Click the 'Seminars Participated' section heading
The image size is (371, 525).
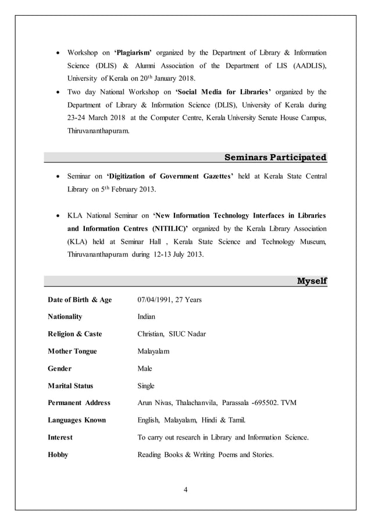click(x=275, y=157)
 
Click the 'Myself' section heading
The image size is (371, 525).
click(x=312, y=281)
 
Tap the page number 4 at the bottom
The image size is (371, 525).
click(x=185, y=488)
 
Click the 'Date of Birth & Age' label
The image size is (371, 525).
click(x=79, y=300)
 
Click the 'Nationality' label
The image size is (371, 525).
click(x=65, y=317)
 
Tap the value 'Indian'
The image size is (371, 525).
click(x=146, y=317)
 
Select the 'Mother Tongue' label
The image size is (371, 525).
click(x=72, y=351)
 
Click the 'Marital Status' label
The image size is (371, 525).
click(x=70, y=385)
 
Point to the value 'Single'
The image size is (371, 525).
click(x=146, y=385)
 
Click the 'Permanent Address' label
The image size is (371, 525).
click(x=79, y=403)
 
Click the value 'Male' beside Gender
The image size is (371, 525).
click(x=144, y=368)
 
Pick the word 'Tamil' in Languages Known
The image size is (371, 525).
click(x=236, y=420)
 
